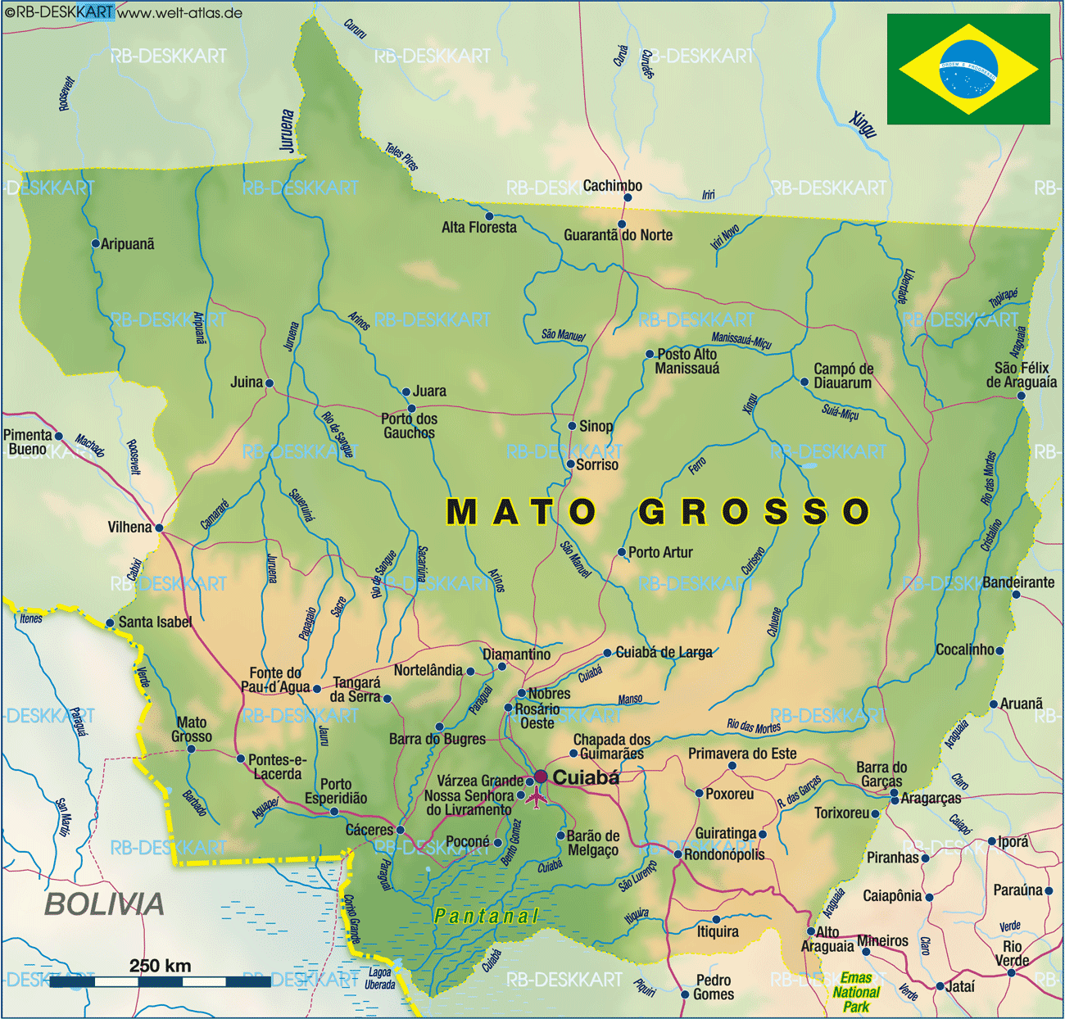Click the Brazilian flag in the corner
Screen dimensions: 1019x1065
968,69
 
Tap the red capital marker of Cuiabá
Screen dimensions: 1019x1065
541,776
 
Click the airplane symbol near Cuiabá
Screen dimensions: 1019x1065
536,796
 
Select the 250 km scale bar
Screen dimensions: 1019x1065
160,981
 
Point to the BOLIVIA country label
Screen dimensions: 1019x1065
104,904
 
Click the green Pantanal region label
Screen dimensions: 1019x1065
486,916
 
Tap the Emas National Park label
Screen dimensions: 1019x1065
856,992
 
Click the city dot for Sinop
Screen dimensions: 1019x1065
573,426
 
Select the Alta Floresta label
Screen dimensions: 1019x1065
479,228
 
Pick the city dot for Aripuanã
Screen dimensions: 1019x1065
95,244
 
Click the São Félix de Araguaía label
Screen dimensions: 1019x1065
1021,375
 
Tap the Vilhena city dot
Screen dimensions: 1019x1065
159,528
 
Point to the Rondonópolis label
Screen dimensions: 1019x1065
724,855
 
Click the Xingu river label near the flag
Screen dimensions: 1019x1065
863,124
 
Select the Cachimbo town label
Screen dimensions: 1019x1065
612,186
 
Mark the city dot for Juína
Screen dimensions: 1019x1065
269,383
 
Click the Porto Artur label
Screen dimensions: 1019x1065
660,553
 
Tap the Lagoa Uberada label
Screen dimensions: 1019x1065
380,979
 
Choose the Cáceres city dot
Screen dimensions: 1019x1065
400,830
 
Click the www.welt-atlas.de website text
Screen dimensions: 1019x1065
180,12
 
